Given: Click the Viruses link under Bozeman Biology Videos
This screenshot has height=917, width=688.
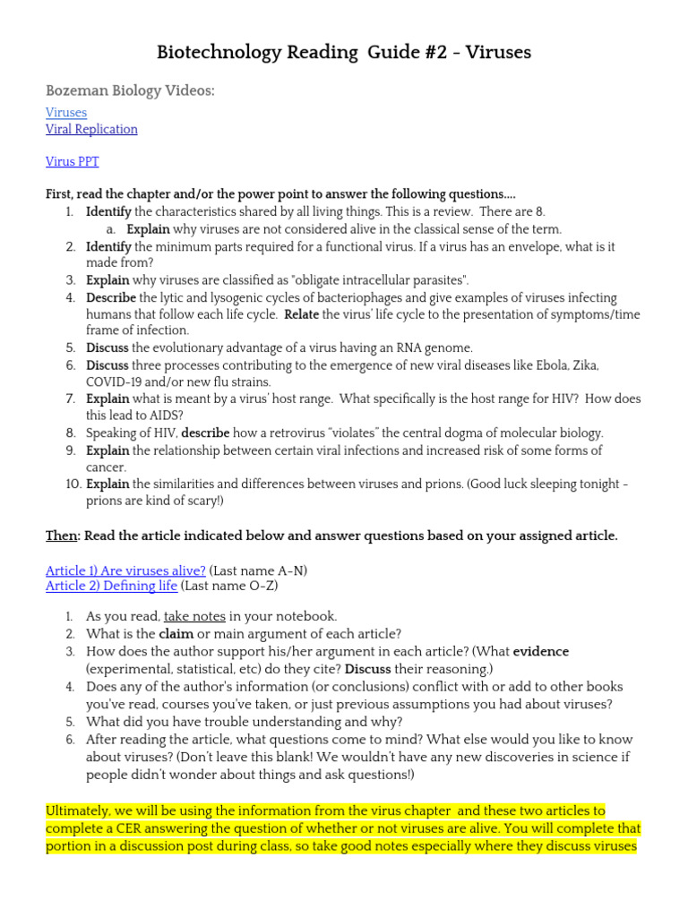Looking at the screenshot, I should coord(66,113).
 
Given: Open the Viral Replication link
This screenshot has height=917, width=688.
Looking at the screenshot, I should coord(91,129).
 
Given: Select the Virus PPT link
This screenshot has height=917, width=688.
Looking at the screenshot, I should coord(73,162).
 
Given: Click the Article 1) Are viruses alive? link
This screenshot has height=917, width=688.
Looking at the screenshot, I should coord(125,570).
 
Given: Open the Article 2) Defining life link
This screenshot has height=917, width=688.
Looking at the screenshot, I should coord(111,587).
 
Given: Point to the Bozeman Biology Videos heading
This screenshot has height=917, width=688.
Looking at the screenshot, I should coord(130,90).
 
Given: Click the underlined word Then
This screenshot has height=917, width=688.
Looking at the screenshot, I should coord(61,536).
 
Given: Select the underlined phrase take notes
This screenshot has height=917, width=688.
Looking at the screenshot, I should coord(194,617).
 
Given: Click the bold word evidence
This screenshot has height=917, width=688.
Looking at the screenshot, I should coord(540,652).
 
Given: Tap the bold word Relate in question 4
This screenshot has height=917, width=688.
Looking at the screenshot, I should coord(302,314).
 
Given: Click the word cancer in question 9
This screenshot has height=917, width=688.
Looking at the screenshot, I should coord(106,467).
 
